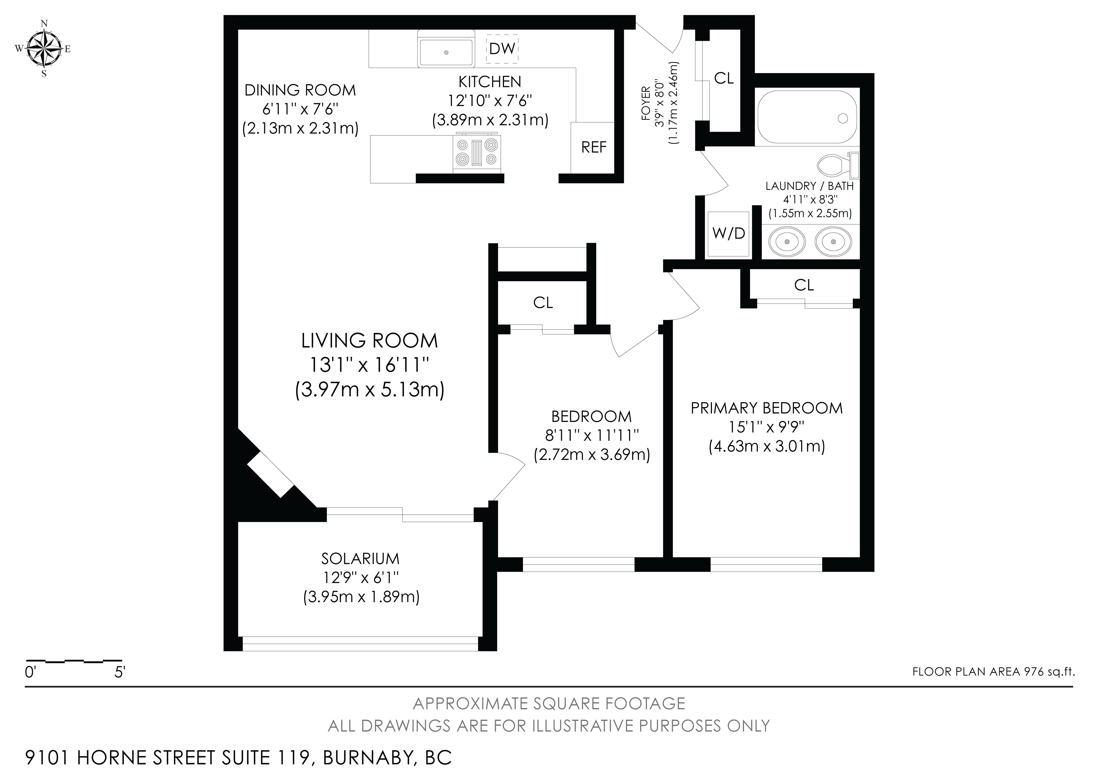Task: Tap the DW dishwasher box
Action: (x=502, y=48)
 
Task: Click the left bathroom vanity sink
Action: (x=787, y=241)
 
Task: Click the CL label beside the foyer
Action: (x=724, y=78)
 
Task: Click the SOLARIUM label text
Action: (x=360, y=558)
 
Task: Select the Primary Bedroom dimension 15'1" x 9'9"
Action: (x=767, y=427)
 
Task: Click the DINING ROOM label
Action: (x=300, y=90)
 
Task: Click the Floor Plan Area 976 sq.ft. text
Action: (x=993, y=672)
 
